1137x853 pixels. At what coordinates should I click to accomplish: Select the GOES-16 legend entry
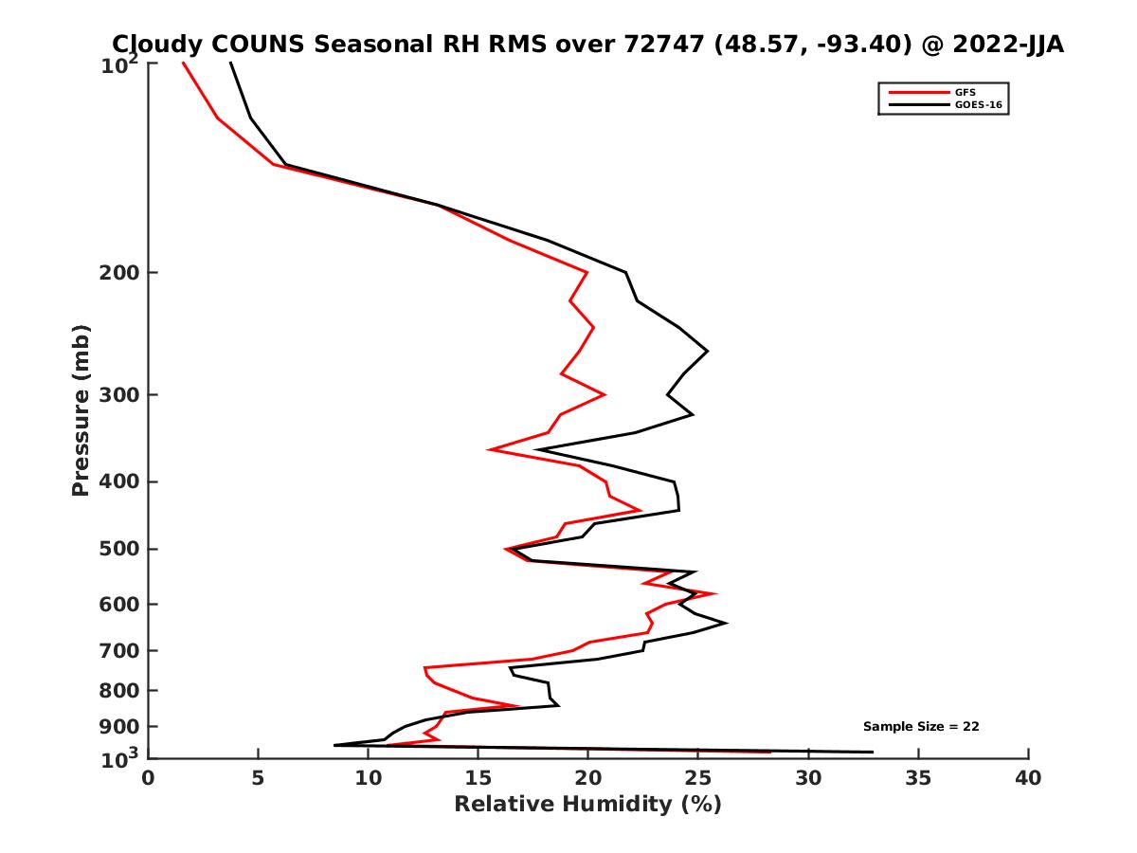(x=978, y=105)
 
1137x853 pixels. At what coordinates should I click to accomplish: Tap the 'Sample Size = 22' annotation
(x=921, y=727)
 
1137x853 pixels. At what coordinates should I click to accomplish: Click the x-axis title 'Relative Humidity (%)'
(x=587, y=805)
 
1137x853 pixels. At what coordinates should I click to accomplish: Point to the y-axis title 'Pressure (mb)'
(x=81, y=410)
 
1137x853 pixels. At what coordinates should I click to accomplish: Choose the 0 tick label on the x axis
(x=148, y=778)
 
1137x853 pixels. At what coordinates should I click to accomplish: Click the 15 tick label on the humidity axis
(x=478, y=778)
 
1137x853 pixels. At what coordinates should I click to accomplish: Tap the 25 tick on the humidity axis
(x=698, y=778)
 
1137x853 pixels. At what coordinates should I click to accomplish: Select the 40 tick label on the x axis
(x=1028, y=778)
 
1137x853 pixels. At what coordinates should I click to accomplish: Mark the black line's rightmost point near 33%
(x=873, y=753)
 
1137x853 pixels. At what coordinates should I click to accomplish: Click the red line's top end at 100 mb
(x=183, y=63)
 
